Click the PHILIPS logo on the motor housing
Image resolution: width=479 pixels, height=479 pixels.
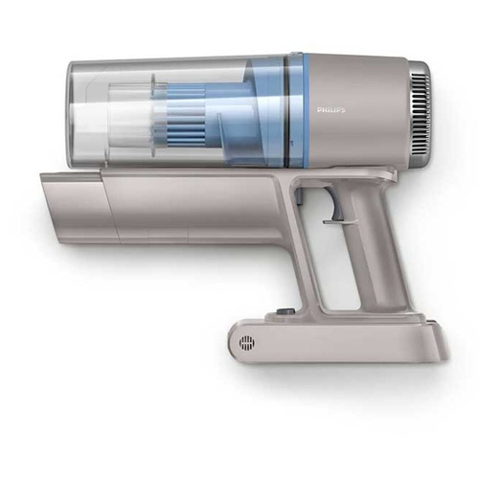click(x=331, y=110)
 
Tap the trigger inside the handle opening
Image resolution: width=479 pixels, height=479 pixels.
click(x=334, y=204)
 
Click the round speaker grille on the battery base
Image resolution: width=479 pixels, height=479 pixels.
click(x=247, y=343)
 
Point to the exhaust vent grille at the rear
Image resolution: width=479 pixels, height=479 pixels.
click(x=422, y=111)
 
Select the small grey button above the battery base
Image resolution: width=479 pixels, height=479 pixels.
click(x=283, y=311)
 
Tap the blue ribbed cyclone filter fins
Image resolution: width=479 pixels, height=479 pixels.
click(x=186, y=115)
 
